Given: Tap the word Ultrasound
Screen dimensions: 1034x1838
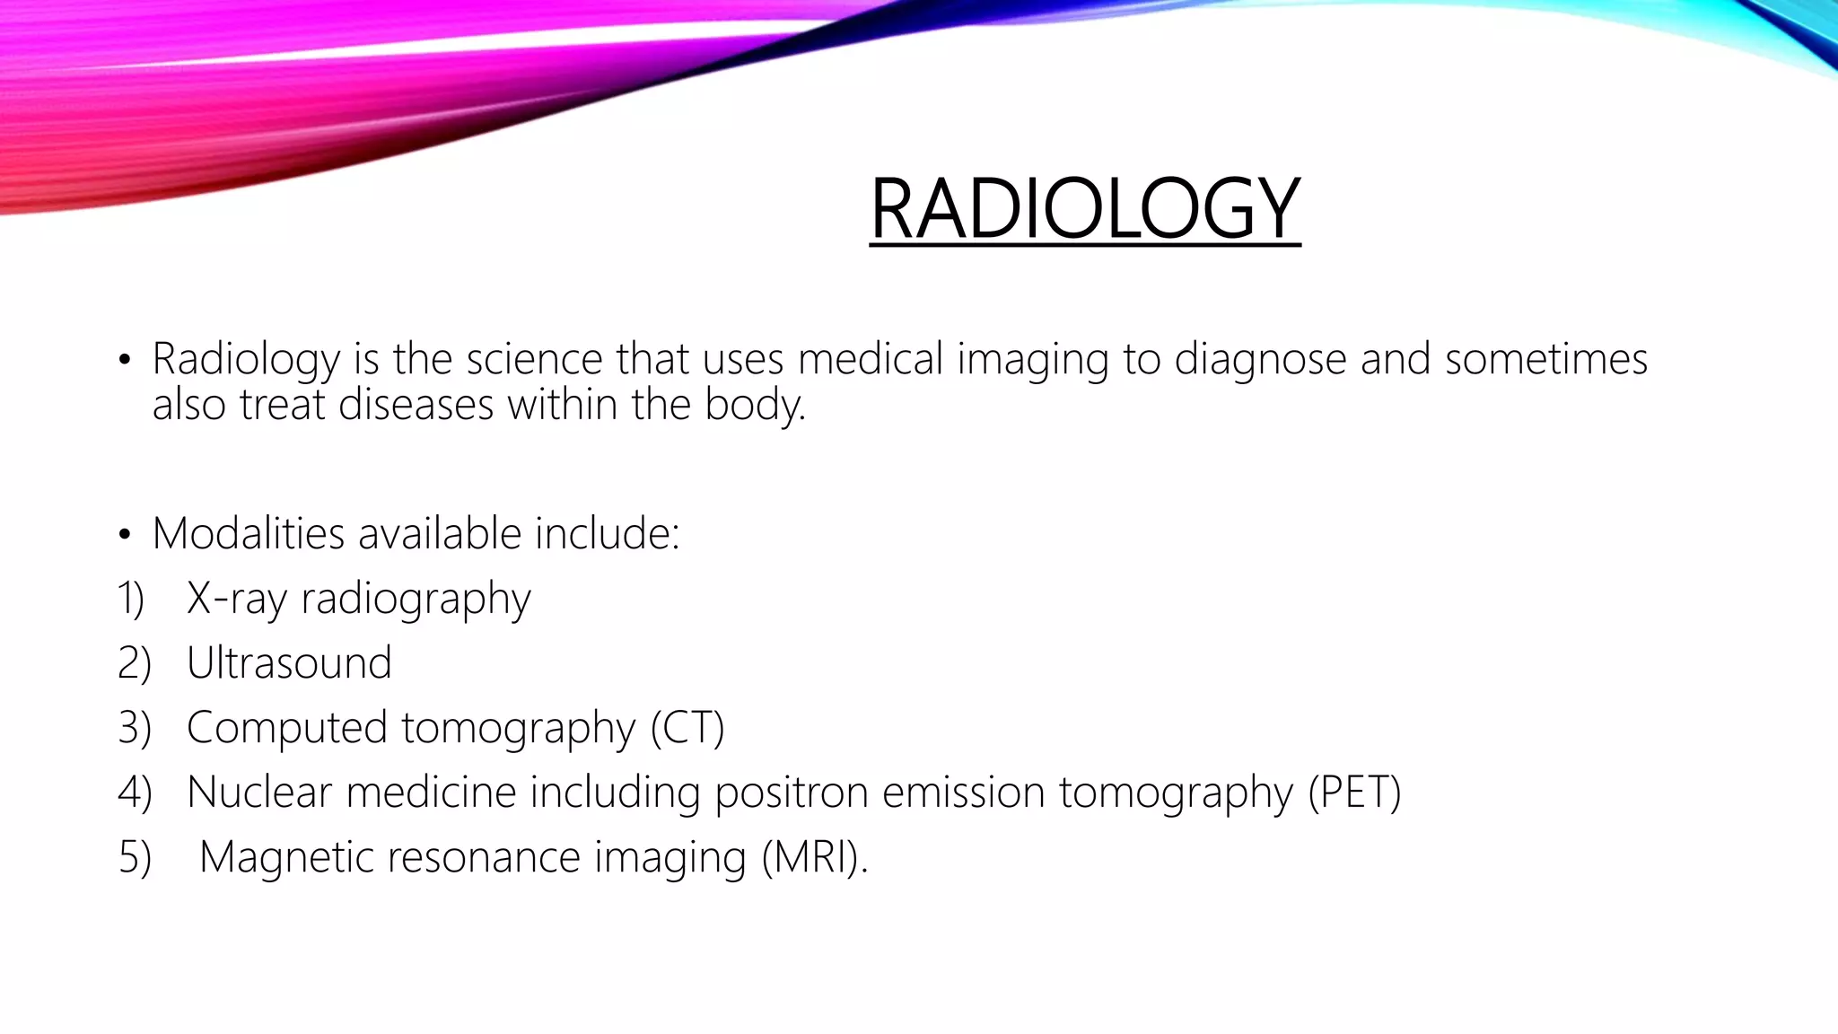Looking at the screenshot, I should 289,663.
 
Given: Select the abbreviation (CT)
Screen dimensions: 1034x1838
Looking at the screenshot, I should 687,728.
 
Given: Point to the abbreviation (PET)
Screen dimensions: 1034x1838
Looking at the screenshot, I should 1353,793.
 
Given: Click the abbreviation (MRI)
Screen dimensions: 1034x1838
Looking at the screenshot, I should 813,857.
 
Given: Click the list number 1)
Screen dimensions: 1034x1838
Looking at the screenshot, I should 131,599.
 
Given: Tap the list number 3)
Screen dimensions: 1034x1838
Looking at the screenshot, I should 134,728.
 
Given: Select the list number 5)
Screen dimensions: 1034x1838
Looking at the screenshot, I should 134,857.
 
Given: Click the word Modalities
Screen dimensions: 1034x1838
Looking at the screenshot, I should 248,534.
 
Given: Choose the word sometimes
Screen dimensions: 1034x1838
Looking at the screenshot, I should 1545,359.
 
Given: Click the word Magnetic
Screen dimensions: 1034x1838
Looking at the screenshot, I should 286,857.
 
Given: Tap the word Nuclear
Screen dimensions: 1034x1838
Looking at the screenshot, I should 259,793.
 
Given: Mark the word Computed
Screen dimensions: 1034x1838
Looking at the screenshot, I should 286,728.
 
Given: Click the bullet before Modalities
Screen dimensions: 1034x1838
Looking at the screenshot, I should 124,536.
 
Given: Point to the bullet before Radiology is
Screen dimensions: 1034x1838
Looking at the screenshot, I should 124,362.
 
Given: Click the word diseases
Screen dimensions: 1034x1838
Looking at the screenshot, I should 416,405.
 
